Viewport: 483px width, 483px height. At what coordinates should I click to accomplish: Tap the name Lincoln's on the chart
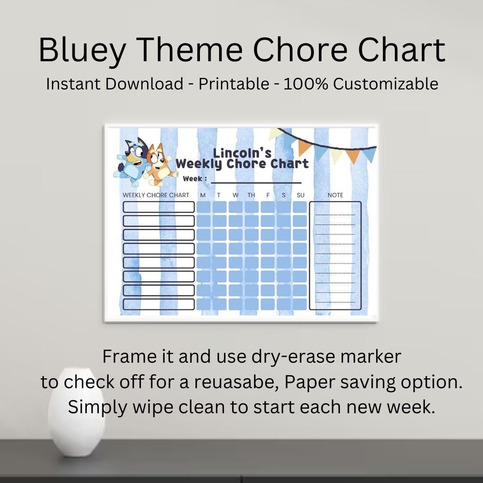point(242,153)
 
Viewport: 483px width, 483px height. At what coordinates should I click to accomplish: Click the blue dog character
point(132,161)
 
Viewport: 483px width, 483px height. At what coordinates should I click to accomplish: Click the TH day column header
point(251,195)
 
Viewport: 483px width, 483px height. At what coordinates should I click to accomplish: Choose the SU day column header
point(300,195)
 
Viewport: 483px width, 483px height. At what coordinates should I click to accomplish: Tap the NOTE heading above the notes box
point(335,195)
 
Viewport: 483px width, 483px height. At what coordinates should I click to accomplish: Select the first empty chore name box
point(159,207)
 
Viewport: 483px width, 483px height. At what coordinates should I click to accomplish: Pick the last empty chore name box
point(159,304)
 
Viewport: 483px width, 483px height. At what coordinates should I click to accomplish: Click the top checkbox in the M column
point(203,207)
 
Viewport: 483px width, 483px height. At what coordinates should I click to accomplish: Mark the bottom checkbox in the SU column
point(300,304)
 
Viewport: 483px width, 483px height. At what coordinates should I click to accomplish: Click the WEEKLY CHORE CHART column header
point(156,195)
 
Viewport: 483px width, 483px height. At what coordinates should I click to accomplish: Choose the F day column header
point(268,195)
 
